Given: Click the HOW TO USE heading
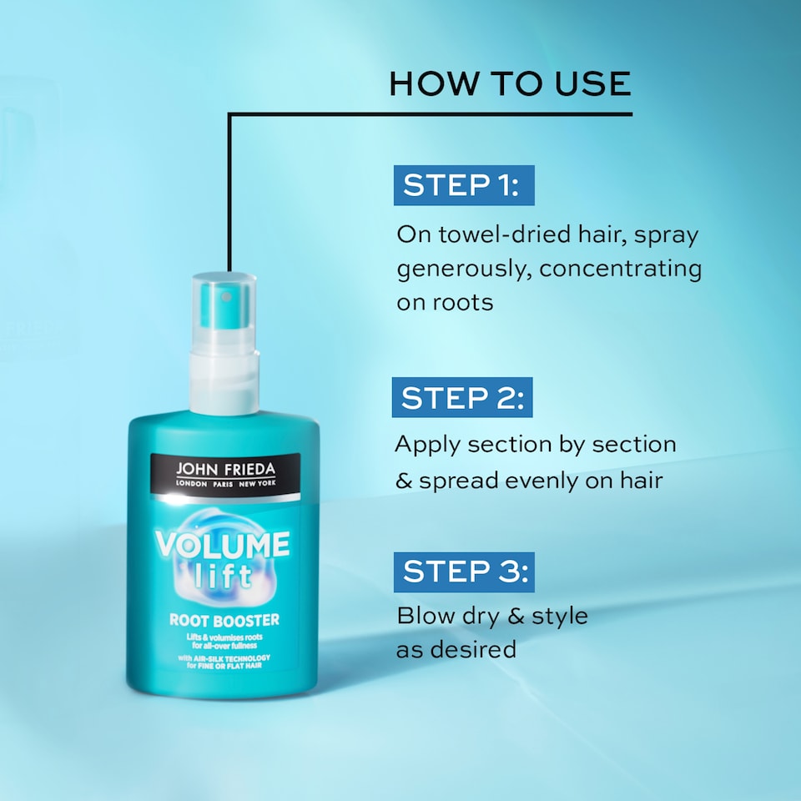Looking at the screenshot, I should [510, 83].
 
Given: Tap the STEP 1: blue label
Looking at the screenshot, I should [463, 185].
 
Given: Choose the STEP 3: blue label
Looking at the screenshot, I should [463, 572].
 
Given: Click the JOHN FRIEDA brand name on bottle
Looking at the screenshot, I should [224, 470].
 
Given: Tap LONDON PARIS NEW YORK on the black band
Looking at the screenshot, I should [224, 485].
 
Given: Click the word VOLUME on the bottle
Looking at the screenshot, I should [222, 546].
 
